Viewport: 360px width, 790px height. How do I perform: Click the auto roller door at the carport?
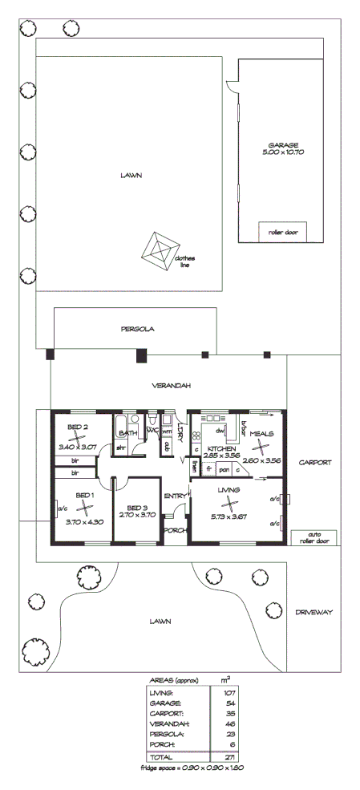coord(307,537)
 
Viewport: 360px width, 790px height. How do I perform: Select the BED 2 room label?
coord(77,427)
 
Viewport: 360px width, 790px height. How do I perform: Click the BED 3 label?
coord(137,508)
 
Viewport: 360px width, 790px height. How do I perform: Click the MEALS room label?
coord(261,434)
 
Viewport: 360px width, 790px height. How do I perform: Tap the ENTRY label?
coord(174,496)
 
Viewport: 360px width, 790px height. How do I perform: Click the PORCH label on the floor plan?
coord(175,530)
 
